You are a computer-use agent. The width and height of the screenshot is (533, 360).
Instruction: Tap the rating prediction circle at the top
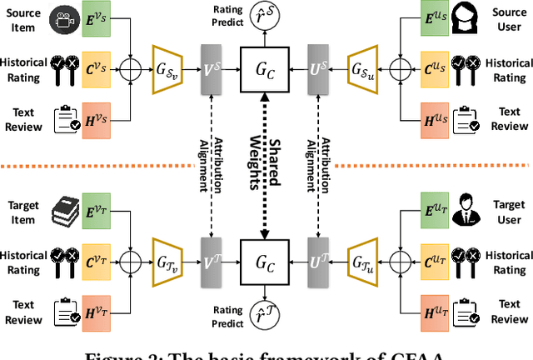tap(264, 17)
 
